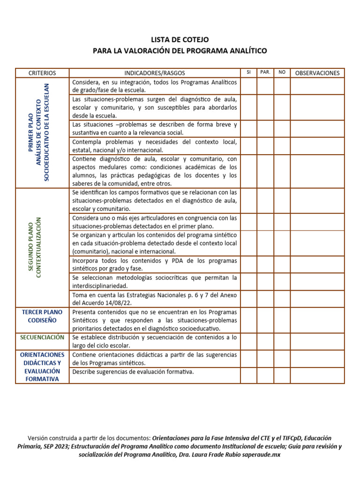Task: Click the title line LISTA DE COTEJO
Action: point(180,40)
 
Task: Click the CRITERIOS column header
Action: point(42,73)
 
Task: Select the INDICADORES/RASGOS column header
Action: point(155,73)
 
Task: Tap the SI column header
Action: point(248,72)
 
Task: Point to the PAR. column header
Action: point(265,72)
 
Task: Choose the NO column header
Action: point(282,72)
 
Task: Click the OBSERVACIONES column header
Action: point(317,73)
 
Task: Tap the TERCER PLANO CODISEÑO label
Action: point(42,316)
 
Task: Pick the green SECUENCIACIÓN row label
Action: point(42,337)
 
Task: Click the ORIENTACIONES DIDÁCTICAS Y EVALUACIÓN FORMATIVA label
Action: point(42,367)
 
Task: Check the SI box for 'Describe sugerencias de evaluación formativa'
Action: point(248,375)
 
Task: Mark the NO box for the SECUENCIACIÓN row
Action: point(282,341)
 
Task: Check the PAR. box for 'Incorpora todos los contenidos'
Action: point(265,264)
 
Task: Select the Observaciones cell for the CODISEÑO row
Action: point(317,320)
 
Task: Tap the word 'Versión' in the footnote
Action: point(38,438)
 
